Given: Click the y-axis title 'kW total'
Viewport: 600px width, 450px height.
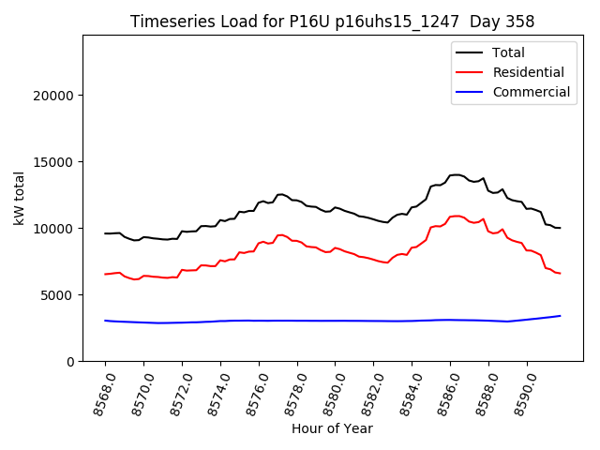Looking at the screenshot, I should click(x=20, y=198).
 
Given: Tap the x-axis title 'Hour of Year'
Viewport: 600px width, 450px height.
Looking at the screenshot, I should click(x=332, y=428).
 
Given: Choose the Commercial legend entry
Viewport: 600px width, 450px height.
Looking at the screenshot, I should click(x=531, y=92).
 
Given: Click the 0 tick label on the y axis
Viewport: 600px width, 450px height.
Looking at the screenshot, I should click(x=70, y=362).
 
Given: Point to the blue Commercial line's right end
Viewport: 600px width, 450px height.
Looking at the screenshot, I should click(x=560, y=316).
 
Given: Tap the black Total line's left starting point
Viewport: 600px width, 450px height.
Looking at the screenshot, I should click(x=105, y=233).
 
